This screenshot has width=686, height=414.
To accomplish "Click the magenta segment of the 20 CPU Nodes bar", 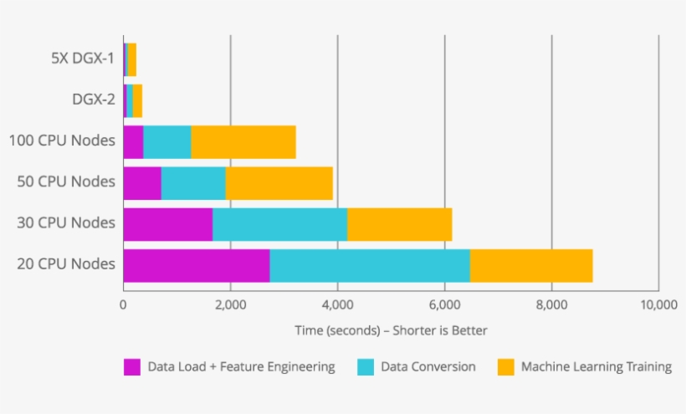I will click(197, 265).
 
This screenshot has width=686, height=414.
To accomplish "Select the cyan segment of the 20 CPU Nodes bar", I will click(369, 265).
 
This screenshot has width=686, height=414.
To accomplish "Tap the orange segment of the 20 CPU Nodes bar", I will click(531, 265).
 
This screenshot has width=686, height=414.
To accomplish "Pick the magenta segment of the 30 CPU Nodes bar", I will click(168, 224).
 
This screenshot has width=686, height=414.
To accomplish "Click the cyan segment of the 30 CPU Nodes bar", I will click(279, 224).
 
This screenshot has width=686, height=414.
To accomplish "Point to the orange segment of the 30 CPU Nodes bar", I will click(399, 224).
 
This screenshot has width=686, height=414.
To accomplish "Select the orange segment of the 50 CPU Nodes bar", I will click(279, 183).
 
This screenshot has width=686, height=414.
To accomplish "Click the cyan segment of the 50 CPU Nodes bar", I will click(193, 183).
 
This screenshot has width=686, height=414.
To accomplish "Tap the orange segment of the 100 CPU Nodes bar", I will click(243, 141).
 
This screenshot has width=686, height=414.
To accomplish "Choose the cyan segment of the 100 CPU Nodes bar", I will click(167, 141).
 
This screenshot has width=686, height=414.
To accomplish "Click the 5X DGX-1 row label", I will click(81, 59).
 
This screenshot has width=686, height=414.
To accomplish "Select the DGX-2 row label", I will click(93, 100).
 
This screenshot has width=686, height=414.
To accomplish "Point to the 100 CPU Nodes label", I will click(62, 141).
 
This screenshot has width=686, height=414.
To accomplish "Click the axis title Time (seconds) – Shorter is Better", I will click(391, 330).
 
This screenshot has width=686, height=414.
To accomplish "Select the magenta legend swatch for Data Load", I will click(132, 367).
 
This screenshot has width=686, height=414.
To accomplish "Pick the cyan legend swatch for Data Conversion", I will click(365, 367).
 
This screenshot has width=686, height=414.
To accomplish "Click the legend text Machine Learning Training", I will click(596, 367).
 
